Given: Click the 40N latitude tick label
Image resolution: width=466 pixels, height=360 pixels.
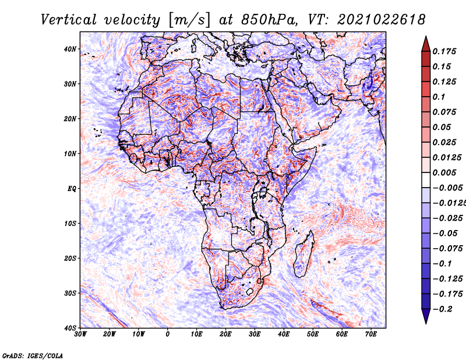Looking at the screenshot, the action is coord(69,49).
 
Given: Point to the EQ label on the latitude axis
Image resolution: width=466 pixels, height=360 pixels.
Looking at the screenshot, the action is coord(72,189).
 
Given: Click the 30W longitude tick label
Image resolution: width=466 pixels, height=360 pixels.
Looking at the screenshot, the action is coord(80,334).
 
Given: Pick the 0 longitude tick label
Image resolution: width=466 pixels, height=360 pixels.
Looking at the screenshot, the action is coord(168,334).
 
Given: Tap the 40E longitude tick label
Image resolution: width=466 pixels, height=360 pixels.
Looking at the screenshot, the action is coord(284,334).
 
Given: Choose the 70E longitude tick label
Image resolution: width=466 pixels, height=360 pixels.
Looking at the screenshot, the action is coord(371,334).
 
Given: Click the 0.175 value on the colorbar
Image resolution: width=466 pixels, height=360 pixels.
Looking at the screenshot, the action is coord(444,51).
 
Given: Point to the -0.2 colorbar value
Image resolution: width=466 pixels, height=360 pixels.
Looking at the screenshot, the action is coord(442,309).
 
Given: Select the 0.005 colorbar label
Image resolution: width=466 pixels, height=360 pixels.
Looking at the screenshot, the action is coord(444,172).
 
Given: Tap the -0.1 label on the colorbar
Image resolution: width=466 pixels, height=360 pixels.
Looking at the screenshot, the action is coord(442,264).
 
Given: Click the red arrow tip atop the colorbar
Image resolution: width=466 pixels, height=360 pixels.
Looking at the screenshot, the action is coord(426,37).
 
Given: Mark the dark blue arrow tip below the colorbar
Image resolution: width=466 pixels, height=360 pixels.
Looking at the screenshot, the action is coord(426,323).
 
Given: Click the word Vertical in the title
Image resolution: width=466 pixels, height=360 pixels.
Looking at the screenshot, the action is coord(69,20).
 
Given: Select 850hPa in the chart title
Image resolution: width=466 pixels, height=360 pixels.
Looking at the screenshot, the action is coord(269,20).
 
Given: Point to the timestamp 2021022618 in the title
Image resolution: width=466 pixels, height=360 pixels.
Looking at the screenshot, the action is coord(381,20).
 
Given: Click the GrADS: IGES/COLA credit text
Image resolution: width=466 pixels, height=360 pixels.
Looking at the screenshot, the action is coord(33,355).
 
